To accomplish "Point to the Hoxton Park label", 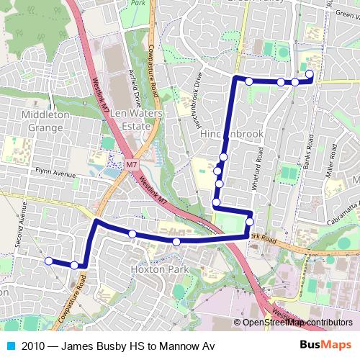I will pos(156,269).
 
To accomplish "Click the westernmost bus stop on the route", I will pos(48,261).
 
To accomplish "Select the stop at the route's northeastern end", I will pos(310,74).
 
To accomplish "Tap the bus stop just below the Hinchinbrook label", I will pos(224,156).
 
